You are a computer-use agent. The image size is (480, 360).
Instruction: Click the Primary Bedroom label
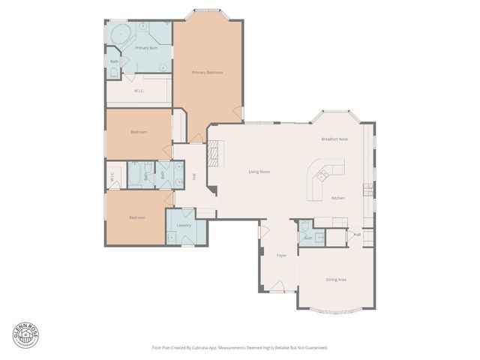208,72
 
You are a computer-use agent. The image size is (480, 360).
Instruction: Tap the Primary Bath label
146,48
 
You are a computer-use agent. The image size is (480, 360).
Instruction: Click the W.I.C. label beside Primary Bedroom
139,91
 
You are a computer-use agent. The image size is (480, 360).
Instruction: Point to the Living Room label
259,172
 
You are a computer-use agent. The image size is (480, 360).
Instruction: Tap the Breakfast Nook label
334,139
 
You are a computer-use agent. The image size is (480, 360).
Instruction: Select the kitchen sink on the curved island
322,176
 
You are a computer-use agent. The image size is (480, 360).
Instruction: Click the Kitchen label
338,198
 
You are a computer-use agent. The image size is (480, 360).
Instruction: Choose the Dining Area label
336,279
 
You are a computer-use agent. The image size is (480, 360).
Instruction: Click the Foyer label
282,256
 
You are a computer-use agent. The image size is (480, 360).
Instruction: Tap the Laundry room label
184,225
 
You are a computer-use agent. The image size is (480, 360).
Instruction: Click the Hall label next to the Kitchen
358,235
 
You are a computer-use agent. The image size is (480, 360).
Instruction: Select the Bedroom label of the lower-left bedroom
136,217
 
